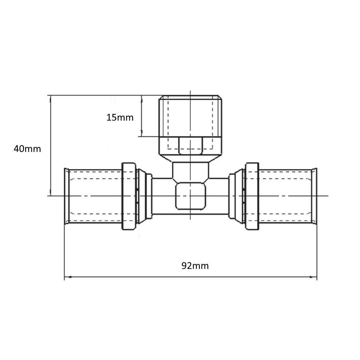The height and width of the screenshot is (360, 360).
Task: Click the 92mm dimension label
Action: pos(195,266)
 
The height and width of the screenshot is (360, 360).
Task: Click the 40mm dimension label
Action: pos(27,149)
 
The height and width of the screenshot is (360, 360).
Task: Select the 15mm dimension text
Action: pos(120,117)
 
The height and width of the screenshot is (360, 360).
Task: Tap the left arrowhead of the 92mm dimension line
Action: pos(67,277)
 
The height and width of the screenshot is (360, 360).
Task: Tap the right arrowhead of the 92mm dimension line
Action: pos(314,277)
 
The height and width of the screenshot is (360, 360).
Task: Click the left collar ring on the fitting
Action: pos(129,196)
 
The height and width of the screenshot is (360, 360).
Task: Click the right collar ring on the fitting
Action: pos(252,196)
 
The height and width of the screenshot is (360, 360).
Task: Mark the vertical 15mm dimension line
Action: pos(142,116)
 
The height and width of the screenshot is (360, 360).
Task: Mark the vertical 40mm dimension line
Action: pos(50,145)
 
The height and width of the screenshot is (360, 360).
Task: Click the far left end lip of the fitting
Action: pos(66,196)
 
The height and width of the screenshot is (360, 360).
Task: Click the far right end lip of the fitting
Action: pos(314,196)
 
